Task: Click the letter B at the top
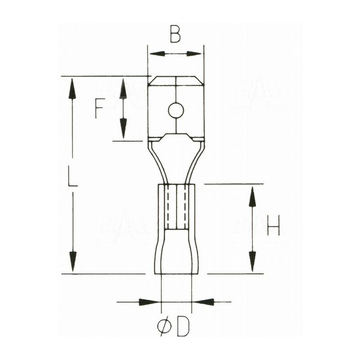tap(175, 34)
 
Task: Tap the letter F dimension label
tap(100, 108)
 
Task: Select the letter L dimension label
tap(72, 175)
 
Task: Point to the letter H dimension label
tap(273, 225)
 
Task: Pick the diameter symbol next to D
tap(165, 328)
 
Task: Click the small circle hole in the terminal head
tap(175, 110)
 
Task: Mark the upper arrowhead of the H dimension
tap(252, 196)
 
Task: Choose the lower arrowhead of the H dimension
tap(252, 261)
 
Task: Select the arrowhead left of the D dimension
tap(149, 301)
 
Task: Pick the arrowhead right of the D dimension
tap(203, 301)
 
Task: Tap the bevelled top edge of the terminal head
tap(176, 81)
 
